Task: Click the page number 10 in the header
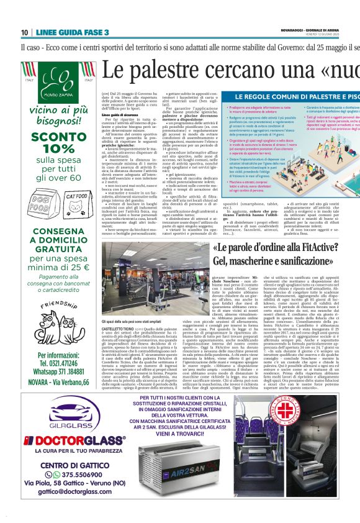tap(24, 32)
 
